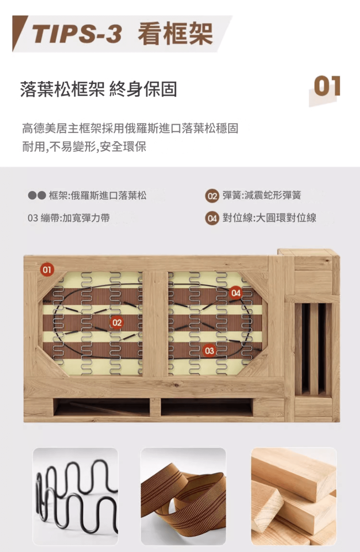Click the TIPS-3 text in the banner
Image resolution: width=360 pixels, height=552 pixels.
(x=77, y=34)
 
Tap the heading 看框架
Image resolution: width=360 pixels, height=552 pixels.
(x=175, y=34)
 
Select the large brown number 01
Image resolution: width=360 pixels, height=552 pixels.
(x=327, y=86)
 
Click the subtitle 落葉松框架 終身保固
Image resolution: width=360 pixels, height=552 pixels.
(x=99, y=89)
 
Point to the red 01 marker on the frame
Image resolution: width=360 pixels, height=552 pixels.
(x=47, y=270)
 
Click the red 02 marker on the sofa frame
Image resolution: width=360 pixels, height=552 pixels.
(x=117, y=322)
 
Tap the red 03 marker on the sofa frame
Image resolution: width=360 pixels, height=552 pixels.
(x=209, y=351)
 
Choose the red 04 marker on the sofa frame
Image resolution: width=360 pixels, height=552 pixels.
(x=236, y=293)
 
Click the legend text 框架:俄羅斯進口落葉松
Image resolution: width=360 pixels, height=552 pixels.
(x=98, y=195)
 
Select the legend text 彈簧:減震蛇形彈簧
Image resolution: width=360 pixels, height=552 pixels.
(x=262, y=195)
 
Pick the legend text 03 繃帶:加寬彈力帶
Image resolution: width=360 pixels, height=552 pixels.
(x=68, y=218)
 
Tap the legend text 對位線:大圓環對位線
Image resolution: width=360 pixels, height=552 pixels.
(x=269, y=218)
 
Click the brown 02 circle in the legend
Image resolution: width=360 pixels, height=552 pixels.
(x=211, y=196)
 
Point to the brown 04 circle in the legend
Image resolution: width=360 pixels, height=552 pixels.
(x=211, y=219)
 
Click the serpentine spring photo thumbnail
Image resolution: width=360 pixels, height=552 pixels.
(x=76, y=496)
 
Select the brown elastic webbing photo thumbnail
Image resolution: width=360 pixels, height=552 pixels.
(x=183, y=496)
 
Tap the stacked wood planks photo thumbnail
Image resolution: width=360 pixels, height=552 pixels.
(x=294, y=496)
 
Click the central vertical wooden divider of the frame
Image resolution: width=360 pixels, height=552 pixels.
(x=155, y=324)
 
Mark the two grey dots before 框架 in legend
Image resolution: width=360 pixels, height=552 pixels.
(x=36, y=196)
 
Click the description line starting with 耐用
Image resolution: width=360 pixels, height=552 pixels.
(x=84, y=146)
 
